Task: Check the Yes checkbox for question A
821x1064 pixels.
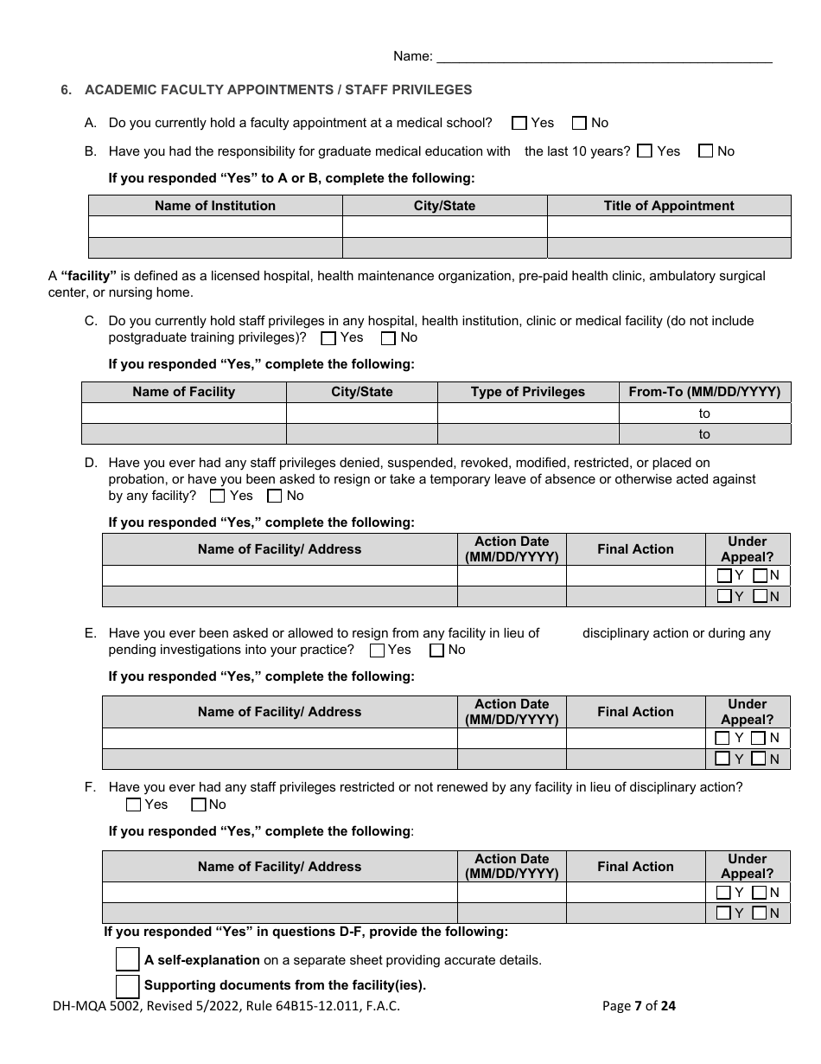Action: (519, 123)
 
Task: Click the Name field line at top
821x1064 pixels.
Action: (605, 57)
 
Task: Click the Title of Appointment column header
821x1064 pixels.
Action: (668, 206)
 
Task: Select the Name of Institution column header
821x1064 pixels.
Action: (215, 206)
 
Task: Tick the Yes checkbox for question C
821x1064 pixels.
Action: (328, 338)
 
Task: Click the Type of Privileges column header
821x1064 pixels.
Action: (527, 392)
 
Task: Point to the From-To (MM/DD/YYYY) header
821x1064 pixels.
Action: (703, 392)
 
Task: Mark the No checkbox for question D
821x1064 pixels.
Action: (275, 497)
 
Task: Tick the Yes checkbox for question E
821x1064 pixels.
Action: (377, 651)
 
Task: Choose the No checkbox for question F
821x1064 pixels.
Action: (199, 805)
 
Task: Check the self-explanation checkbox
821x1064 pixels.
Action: (127, 959)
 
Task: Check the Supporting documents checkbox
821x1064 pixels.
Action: (127, 986)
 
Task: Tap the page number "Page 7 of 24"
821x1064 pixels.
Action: (639, 1005)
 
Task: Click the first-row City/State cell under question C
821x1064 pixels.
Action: (361, 413)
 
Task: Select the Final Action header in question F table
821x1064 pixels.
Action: (635, 867)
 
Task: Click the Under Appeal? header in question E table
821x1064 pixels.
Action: (747, 712)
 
